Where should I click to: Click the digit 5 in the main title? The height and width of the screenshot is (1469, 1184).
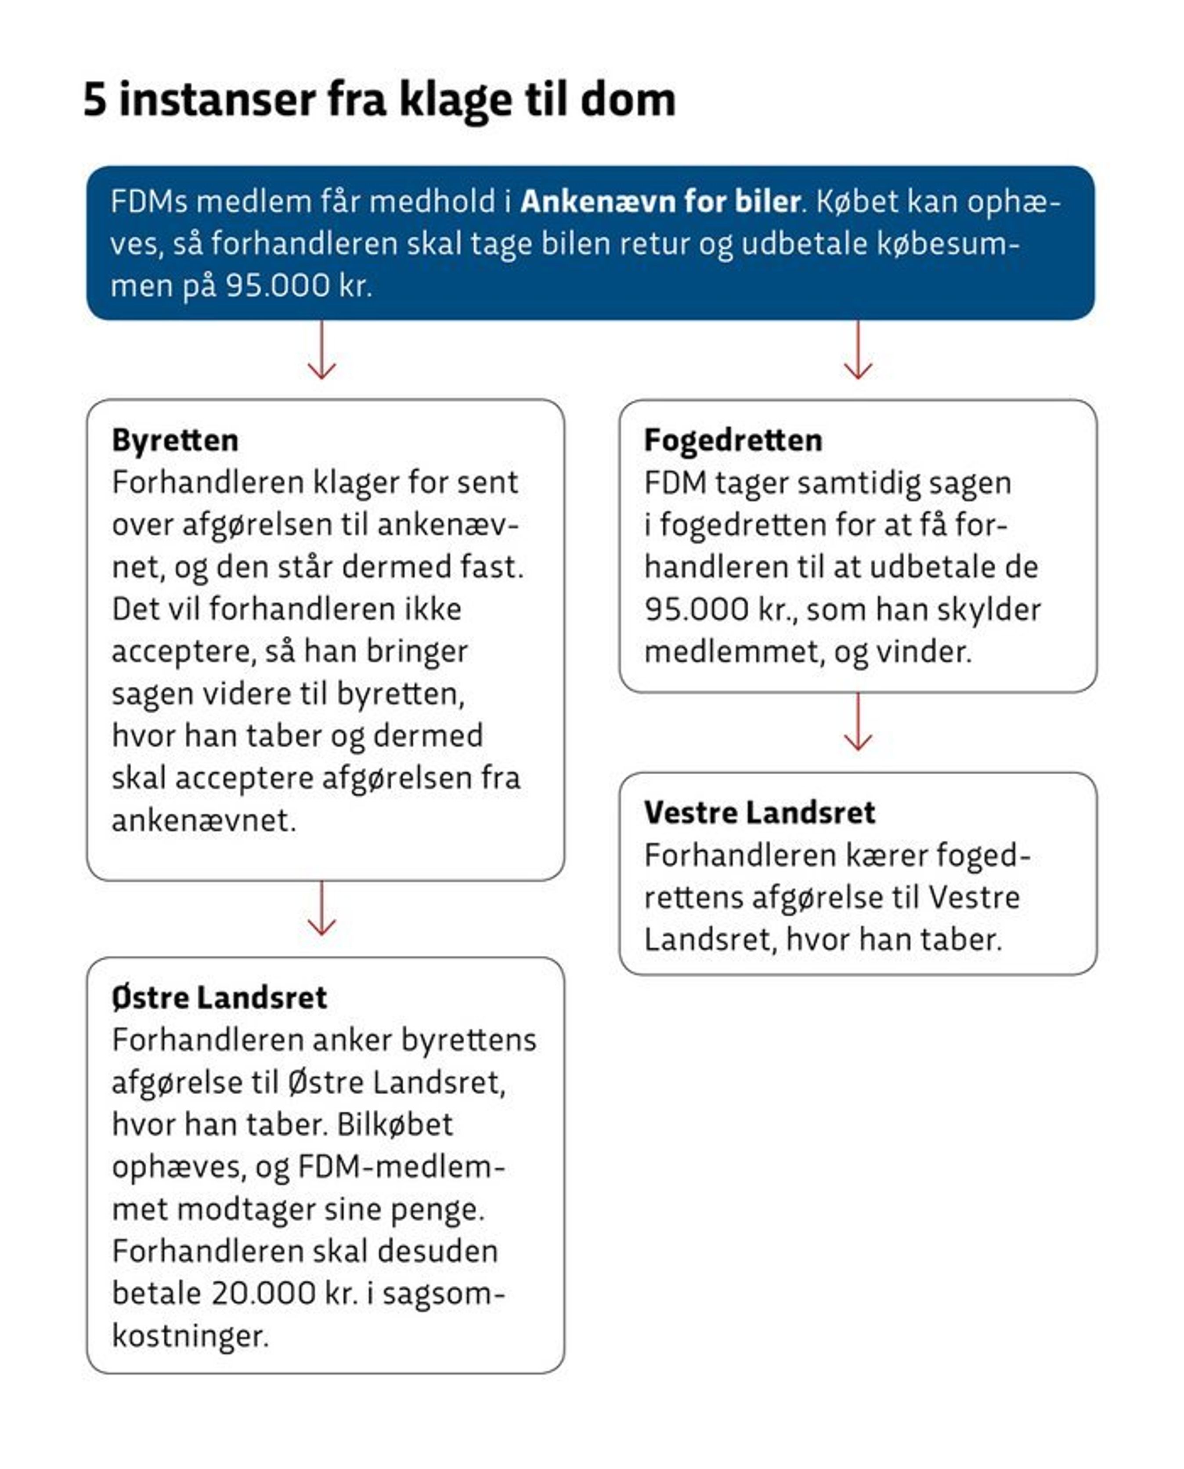point(95,100)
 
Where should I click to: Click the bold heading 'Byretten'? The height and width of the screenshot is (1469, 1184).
point(175,440)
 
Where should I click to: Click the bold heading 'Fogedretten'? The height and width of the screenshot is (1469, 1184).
point(733,440)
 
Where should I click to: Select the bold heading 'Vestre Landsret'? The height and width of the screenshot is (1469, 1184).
point(759,812)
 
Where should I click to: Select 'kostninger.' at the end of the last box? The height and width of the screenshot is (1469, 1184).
point(190,1336)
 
